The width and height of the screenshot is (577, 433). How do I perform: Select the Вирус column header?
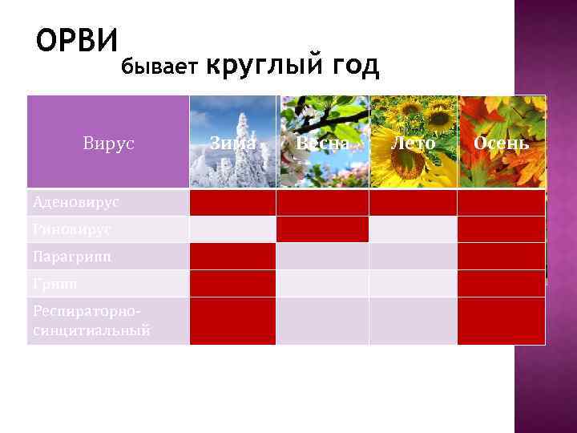(x=108, y=144)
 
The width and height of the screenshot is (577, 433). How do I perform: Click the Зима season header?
(x=233, y=144)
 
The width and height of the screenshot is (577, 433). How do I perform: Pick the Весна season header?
(x=323, y=144)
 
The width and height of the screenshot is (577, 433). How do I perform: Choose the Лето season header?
(x=414, y=144)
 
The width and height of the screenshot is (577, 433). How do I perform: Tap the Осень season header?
(x=501, y=144)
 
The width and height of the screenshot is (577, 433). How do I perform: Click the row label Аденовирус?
(x=77, y=202)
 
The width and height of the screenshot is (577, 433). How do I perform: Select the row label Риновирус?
(x=72, y=229)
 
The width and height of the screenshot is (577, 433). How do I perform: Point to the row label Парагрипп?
(x=73, y=257)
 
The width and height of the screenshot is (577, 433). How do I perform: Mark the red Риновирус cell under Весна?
(x=323, y=229)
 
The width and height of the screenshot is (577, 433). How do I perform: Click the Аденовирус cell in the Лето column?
(x=414, y=202)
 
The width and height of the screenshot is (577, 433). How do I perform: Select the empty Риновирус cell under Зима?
(x=233, y=229)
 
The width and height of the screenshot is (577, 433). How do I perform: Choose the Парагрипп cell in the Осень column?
(x=501, y=257)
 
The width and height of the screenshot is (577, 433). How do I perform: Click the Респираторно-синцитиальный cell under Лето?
(x=414, y=321)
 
